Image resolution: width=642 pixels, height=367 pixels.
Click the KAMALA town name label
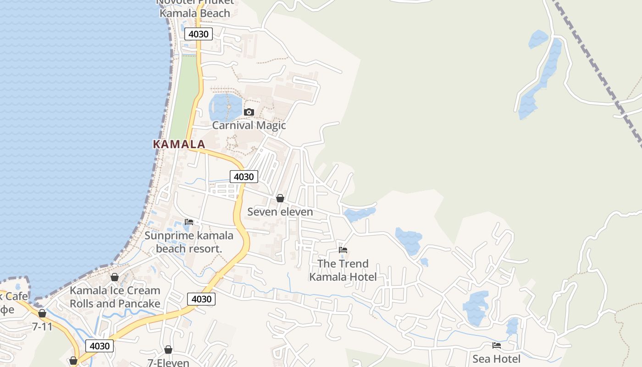click(x=179, y=144)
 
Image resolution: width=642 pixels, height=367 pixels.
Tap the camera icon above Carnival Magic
click(x=249, y=112)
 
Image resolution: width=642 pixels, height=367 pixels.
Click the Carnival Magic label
click(x=249, y=125)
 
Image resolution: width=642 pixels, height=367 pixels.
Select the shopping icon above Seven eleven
click(x=280, y=198)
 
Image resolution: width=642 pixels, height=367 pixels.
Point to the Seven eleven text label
click(x=280, y=211)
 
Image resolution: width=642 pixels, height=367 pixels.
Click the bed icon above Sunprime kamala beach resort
click(x=189, y=222)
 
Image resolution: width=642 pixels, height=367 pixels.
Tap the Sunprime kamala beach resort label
click(x=189, y=242)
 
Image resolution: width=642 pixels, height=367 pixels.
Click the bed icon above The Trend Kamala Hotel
click(x=343, y=250)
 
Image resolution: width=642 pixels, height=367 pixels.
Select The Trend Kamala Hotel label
click(x=343, y=270)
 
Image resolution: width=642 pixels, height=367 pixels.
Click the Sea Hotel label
click(x=496, y=359)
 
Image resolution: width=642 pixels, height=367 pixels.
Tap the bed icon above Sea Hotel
click(x=497, y=345)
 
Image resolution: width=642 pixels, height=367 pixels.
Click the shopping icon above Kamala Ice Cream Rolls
click(x=115, y=277)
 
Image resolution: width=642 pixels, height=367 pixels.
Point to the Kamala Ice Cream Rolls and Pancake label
click(x=115, y=297)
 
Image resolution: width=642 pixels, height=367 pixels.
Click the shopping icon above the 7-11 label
click(x=42, y=313)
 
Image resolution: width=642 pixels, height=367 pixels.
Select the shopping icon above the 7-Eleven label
click(x=168, y=350)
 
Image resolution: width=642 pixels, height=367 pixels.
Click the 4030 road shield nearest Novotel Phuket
click(x=199, y=34)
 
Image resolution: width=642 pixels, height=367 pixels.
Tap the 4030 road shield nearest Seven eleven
click(x=244, y=177)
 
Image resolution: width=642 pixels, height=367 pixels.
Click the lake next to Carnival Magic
click(x=224, y=106)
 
